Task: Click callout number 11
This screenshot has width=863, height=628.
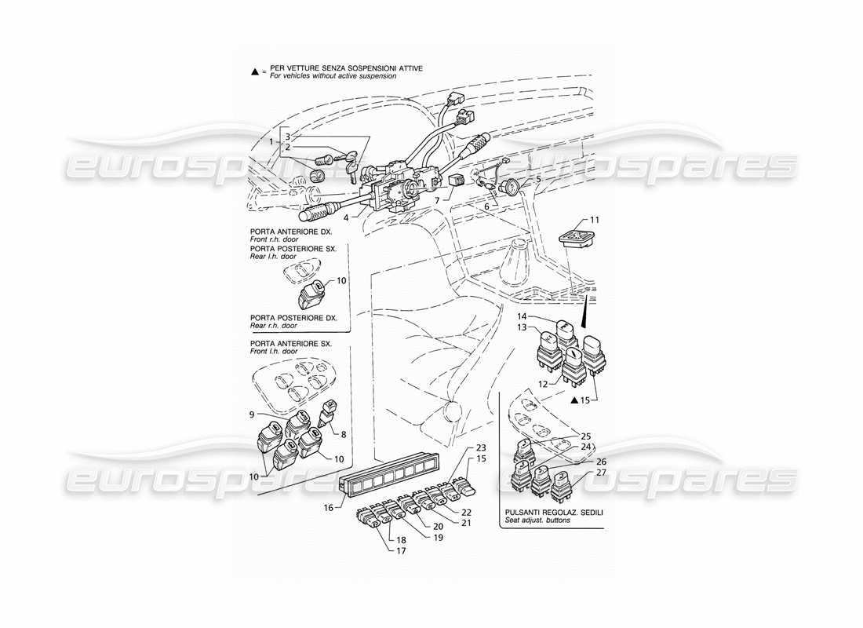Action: pyautogui.click(x=595, y=218)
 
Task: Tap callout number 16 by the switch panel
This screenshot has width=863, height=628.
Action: pyautogui.click(x=328, y=507)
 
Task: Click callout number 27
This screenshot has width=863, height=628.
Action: pyautogui.click(x=601, y=473)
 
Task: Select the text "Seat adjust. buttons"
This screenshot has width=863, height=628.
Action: pyautogui.click(x=540, y=520)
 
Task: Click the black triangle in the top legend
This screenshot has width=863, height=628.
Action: pyautogui.click(x=254, y=71)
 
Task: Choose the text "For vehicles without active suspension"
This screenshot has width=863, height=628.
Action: pyautogui.click(x=333, y=76)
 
